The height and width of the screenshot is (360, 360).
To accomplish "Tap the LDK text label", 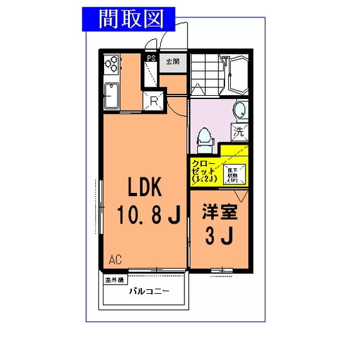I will (147, 187).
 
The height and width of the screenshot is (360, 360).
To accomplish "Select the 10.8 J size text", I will (147, 215).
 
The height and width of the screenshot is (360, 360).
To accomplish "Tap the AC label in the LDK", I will (115, 260).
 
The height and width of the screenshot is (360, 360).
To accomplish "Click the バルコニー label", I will (148, 291).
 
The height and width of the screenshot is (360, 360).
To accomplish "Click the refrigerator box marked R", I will (154, 100).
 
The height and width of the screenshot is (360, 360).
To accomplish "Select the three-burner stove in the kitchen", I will (111, 64).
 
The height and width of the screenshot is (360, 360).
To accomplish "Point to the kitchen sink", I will (111, 96).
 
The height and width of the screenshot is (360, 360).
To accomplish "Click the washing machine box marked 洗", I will (239, 133).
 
